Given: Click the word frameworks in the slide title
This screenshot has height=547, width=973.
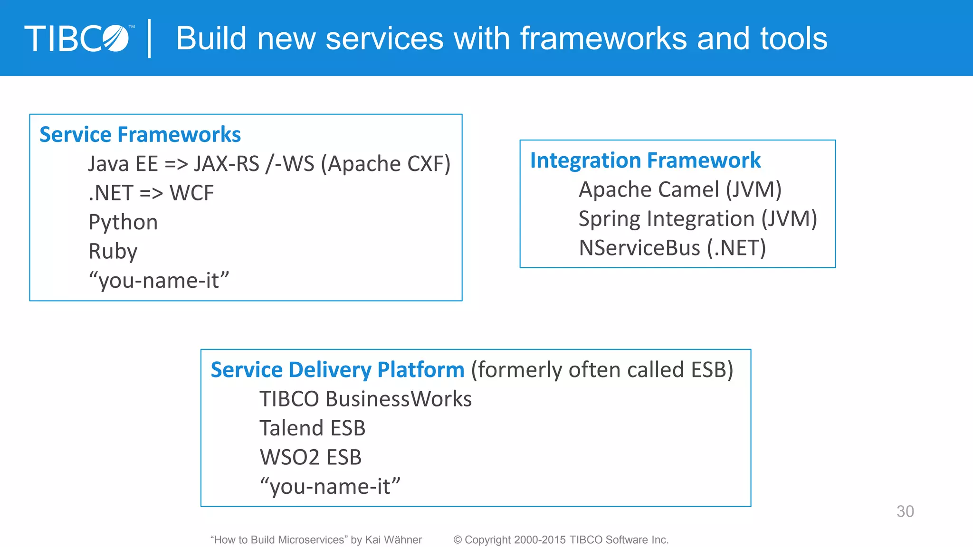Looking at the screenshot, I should pos(603,38).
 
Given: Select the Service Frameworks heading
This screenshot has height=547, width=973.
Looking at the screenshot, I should pos(140,134).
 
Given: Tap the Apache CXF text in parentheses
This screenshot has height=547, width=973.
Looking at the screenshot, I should pos(386,164).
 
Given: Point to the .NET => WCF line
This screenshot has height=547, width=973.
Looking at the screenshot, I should pos(151,193).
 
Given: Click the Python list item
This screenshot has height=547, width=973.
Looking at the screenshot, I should pos(123,222).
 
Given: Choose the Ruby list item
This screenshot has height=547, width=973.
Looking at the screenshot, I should pos(113,251).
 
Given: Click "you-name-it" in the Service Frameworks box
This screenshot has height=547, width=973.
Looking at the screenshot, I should pos(159,281).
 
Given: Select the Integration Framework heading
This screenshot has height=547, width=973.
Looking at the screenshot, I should pos(645,160).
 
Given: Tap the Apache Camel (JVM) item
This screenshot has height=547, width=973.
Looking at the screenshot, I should pos(680,189).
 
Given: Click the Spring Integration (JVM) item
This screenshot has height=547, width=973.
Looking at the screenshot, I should pos(697,219).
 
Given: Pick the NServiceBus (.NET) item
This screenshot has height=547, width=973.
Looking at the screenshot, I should pos(672,248).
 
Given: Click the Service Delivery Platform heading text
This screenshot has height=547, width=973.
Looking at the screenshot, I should pos(337,370).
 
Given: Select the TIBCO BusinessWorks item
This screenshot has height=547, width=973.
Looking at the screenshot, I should pos(365,399).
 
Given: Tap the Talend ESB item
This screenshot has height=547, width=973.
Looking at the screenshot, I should pos(312,428).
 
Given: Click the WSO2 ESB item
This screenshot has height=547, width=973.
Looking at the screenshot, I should pos(311,457).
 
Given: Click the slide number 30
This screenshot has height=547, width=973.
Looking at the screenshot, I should pos(905,511).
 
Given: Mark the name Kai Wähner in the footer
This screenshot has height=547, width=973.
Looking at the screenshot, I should pos(393,540).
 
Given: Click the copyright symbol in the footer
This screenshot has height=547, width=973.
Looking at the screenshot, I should pos(458,540).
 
